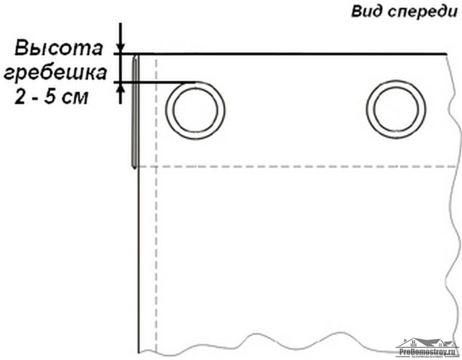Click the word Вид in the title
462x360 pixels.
click(366, 11)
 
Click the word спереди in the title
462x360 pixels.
click(423, 13)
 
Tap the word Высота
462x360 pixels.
click(59, 48)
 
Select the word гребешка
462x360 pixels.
click(55, 73)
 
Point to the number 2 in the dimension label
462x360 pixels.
click(20, 96)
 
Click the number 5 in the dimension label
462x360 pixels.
click(50, 96)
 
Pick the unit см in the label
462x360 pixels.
click(75, 98)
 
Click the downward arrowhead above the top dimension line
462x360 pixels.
click(120, 48)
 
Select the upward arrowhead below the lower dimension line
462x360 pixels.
click(120, 88)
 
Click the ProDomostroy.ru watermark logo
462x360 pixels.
click(426, 348)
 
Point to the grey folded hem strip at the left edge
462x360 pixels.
click(135, 112)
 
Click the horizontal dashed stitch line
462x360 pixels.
click(297, 167)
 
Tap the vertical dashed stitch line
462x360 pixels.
click(156, 203)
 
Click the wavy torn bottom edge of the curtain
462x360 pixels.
click(294, 343)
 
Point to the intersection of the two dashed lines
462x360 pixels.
click(156, 167)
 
